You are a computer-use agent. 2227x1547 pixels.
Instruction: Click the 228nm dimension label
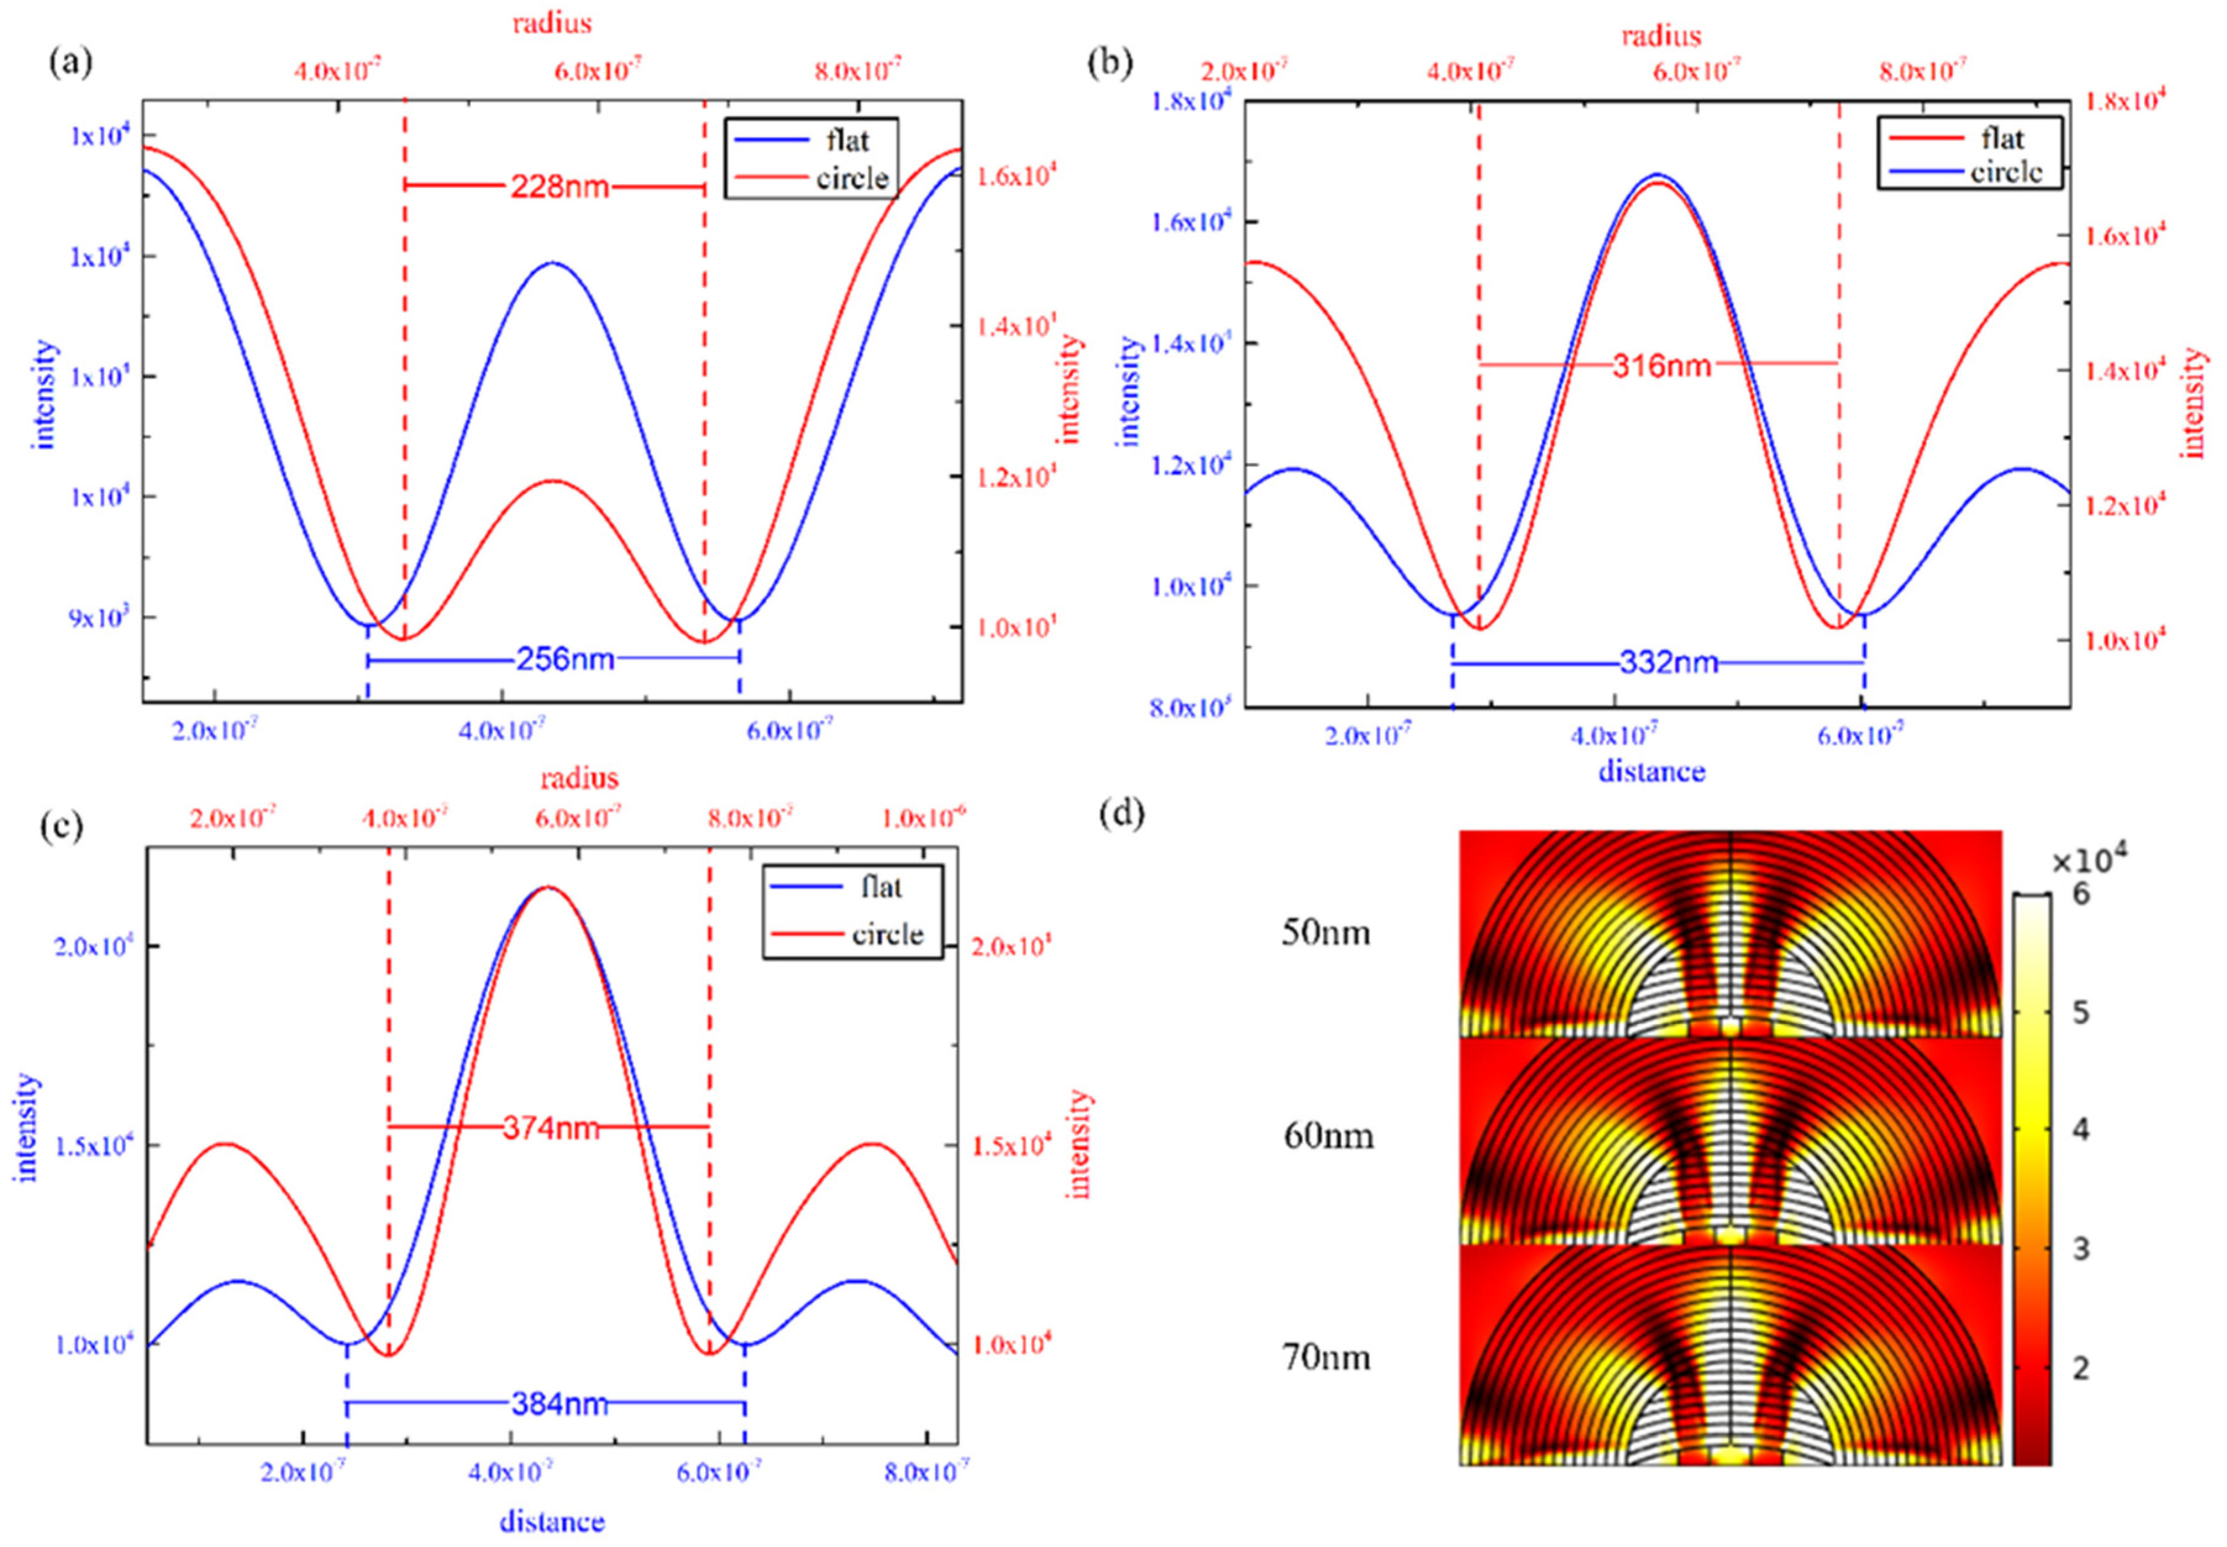560,186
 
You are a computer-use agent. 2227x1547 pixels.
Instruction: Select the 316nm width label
1661,366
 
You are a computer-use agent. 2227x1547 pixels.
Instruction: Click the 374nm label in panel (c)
551,1127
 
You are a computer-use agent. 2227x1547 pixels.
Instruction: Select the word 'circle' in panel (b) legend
2006,172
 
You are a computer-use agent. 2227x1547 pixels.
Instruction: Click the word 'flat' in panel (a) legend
847,141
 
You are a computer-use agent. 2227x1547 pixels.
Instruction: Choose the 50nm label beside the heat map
1326,933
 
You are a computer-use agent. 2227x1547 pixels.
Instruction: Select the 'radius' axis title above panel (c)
580,778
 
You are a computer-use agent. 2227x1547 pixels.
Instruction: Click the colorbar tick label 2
2079,1369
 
